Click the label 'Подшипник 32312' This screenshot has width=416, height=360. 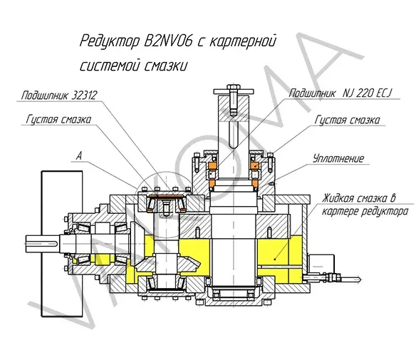click(59, 96)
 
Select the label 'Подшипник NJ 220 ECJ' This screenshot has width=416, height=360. click(340, 93)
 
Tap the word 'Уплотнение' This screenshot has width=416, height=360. click(338, 158)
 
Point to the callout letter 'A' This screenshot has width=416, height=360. click(79, 156)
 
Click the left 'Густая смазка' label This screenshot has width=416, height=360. click(58, 119)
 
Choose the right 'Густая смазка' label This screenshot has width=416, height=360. click(348, 120)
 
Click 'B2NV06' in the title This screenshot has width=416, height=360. click(167, 41)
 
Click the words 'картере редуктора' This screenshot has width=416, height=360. click(365, 212)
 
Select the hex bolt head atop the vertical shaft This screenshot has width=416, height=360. click(234, 87)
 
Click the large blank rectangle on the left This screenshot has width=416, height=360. click(62, 244)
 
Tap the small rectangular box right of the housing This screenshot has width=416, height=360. click(321, 264)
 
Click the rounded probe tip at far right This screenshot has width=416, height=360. click(359, 279)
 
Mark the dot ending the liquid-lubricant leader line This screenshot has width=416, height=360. click(275, 259)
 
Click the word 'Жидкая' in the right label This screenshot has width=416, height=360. click(338, 198)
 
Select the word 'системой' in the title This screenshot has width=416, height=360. click(110, 66)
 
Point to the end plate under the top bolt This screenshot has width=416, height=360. click(234, 92)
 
